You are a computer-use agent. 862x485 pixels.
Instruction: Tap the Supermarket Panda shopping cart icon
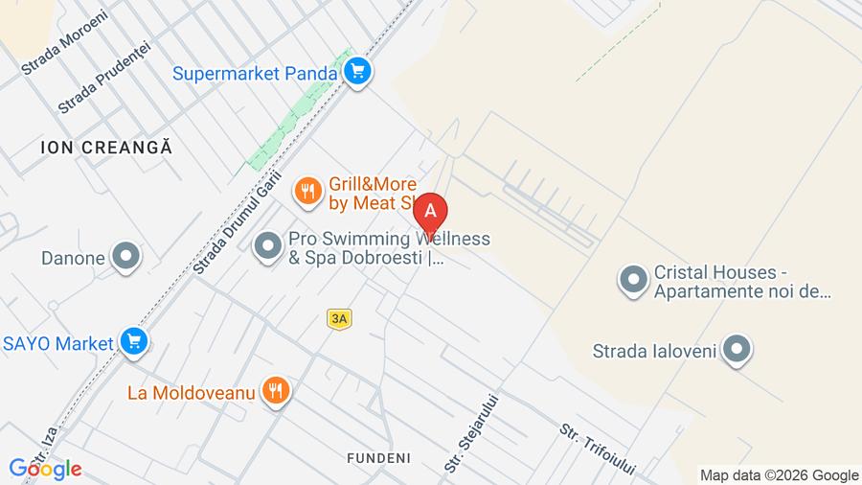(x=358, y=72)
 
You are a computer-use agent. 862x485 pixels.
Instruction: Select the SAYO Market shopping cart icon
(x=134, y=341)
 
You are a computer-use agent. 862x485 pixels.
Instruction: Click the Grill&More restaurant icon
(x=307, y=191)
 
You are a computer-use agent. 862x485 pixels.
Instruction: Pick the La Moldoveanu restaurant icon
(x=276, y=389)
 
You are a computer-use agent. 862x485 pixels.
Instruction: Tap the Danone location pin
(x=125, y=256)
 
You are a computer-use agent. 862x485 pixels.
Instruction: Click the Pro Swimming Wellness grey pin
(x=267, y=247)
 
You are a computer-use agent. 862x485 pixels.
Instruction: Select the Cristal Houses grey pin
(x=632, y=280)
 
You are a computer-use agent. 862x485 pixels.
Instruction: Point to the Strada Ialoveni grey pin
(x=736, y=350)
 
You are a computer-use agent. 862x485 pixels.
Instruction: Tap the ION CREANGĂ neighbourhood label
(x=106, y=148)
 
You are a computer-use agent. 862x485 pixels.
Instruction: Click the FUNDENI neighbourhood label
(x=378, y=458)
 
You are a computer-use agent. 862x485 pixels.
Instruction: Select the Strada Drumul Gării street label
(x=237, y=222)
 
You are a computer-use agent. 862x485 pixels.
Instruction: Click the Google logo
(x=45, y=469)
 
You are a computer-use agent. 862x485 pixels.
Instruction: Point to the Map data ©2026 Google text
(x=779, y=475)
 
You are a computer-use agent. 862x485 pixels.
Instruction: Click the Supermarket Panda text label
(x=255, y=73)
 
